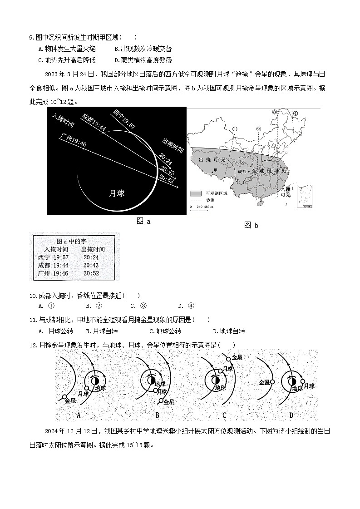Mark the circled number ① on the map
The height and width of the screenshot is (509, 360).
[x=235, y=129]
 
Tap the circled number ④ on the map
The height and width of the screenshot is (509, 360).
[x=295, y=113]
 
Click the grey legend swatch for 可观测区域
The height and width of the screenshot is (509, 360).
[x=196, y=193]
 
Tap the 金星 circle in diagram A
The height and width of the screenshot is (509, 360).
[x=63, y=395]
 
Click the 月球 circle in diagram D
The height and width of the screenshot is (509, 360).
[x=302, y=381]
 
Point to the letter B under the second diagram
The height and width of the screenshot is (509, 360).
[x=157, y=415]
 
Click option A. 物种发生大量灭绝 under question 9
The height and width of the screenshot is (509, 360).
[x=67, y=49]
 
